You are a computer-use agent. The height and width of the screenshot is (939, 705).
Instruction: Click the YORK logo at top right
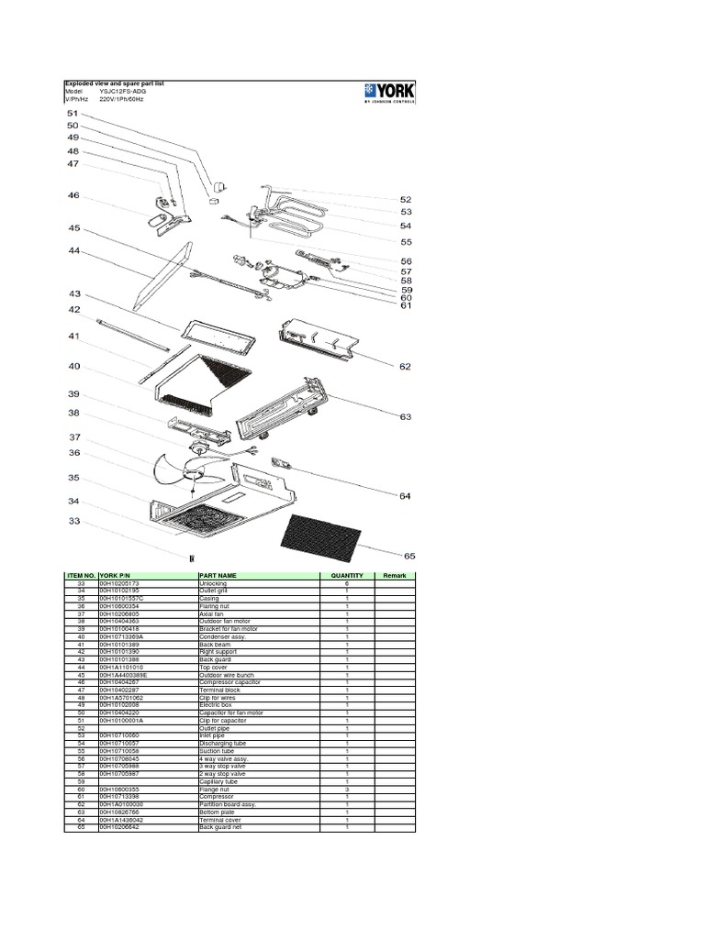tap(389, 92)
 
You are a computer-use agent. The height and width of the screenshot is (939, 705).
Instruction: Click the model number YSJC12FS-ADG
tap(122, 92)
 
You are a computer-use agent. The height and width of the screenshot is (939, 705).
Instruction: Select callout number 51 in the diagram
tap(73, 113)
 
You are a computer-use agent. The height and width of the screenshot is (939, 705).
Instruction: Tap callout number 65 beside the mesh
tap(408, 556)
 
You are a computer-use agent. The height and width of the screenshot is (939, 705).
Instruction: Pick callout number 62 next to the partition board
tap(405, 367)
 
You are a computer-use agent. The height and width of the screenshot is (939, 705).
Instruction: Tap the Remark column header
tap(394, 575)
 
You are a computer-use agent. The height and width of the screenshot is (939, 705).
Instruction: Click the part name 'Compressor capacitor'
tap(229, 682)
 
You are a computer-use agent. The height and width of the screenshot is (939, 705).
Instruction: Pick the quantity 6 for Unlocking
tap(347, 583)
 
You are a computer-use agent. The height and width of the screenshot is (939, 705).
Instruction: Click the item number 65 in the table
tap(81, 827)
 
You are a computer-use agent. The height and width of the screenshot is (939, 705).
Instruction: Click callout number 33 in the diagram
tap(73, 522)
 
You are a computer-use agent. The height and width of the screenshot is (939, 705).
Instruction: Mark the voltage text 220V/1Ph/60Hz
tap(121, 98)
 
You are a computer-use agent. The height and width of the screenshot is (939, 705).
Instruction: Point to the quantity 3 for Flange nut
tap(347, 789)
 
